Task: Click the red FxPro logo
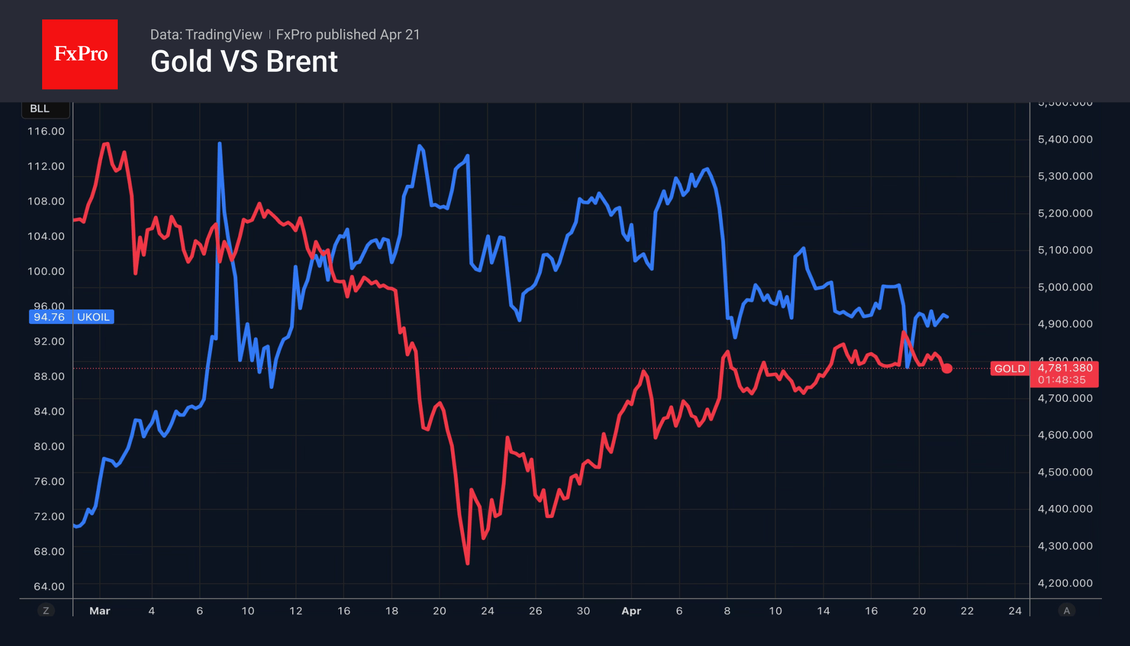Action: tap(80, 54)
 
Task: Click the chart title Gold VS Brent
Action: tap(244, 62)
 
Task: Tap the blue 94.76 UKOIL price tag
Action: tap(71, 317)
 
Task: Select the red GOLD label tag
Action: tap(1010, 369)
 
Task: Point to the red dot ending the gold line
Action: tap(947, 368)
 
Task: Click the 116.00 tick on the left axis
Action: tap(46, 131)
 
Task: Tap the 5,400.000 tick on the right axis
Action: tap(1065, 139)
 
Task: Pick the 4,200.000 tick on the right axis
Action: tap(1065, 583)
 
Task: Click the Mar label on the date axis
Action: tap(99, 611)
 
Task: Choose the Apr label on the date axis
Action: tap(631, 611)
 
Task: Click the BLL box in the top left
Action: tap(40, 109)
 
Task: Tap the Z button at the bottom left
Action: tap(46, 611)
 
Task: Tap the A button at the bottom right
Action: tap(1066, 611)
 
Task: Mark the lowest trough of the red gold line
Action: tap(467, 563)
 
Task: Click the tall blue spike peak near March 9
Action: tap(219, 144)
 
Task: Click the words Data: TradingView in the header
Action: tap(206, 35)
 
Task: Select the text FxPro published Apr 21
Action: tap(348, 35)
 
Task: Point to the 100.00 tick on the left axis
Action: tap(46, 271)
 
